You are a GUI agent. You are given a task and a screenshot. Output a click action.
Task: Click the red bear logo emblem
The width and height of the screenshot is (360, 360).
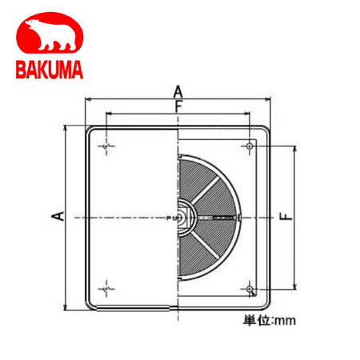pos(50,33)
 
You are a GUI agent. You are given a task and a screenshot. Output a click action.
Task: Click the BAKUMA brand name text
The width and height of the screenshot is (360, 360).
pos(50,70)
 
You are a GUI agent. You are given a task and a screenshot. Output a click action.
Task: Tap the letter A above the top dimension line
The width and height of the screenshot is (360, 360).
pos(178,92)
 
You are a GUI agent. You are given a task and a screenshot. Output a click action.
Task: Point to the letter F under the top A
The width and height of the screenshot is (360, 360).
pos(178,106)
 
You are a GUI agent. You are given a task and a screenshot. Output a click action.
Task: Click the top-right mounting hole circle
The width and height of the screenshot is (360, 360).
pos(250,146)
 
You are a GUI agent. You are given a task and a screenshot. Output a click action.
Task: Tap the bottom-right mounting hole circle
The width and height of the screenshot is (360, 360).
pos(250,289)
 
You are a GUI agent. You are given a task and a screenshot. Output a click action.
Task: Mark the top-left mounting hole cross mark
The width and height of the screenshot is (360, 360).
pos(106,146)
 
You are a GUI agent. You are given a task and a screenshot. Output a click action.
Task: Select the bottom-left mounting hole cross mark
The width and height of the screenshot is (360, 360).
pos(106,289)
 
